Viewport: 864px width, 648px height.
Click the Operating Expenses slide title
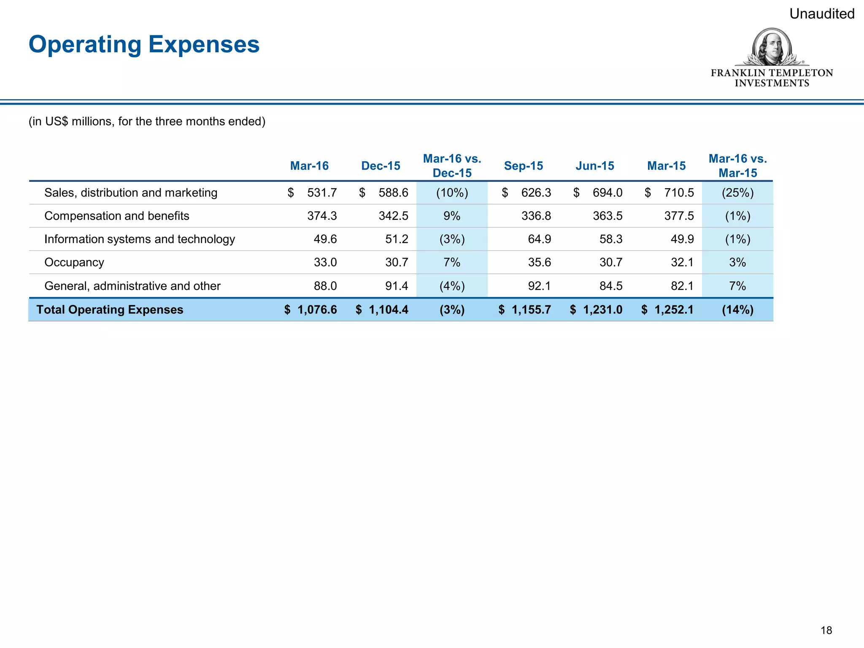tap(144, 44)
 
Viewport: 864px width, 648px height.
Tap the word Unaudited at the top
tap(821, 14)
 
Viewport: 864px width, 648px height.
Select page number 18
tap(826, 630)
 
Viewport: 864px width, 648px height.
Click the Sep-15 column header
tap(523, 166)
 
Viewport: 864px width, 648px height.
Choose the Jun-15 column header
tap(594, 166)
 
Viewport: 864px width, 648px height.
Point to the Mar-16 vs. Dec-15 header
tap(452, 166)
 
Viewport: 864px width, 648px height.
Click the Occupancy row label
tap(74, 262)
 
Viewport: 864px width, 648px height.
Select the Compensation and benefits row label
tap(117, 216)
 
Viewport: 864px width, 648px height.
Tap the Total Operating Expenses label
tap(110, 310)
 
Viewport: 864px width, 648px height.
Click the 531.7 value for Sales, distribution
tap(321, 193)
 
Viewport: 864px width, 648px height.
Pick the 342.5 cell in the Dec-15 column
tap(393, 216)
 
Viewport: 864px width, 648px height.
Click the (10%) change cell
tap(452, 193)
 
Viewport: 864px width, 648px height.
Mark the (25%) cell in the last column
tap(737, 193)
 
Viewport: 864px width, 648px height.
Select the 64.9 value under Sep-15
tap(539, 239)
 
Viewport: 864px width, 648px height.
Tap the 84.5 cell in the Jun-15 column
tap(610, 286)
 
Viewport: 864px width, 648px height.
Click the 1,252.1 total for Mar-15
tap(673, 310)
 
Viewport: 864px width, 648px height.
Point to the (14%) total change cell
tap(737, 310)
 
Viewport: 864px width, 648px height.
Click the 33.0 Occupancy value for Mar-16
tap(325, 262)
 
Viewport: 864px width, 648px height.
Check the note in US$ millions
tap(147, 121)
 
